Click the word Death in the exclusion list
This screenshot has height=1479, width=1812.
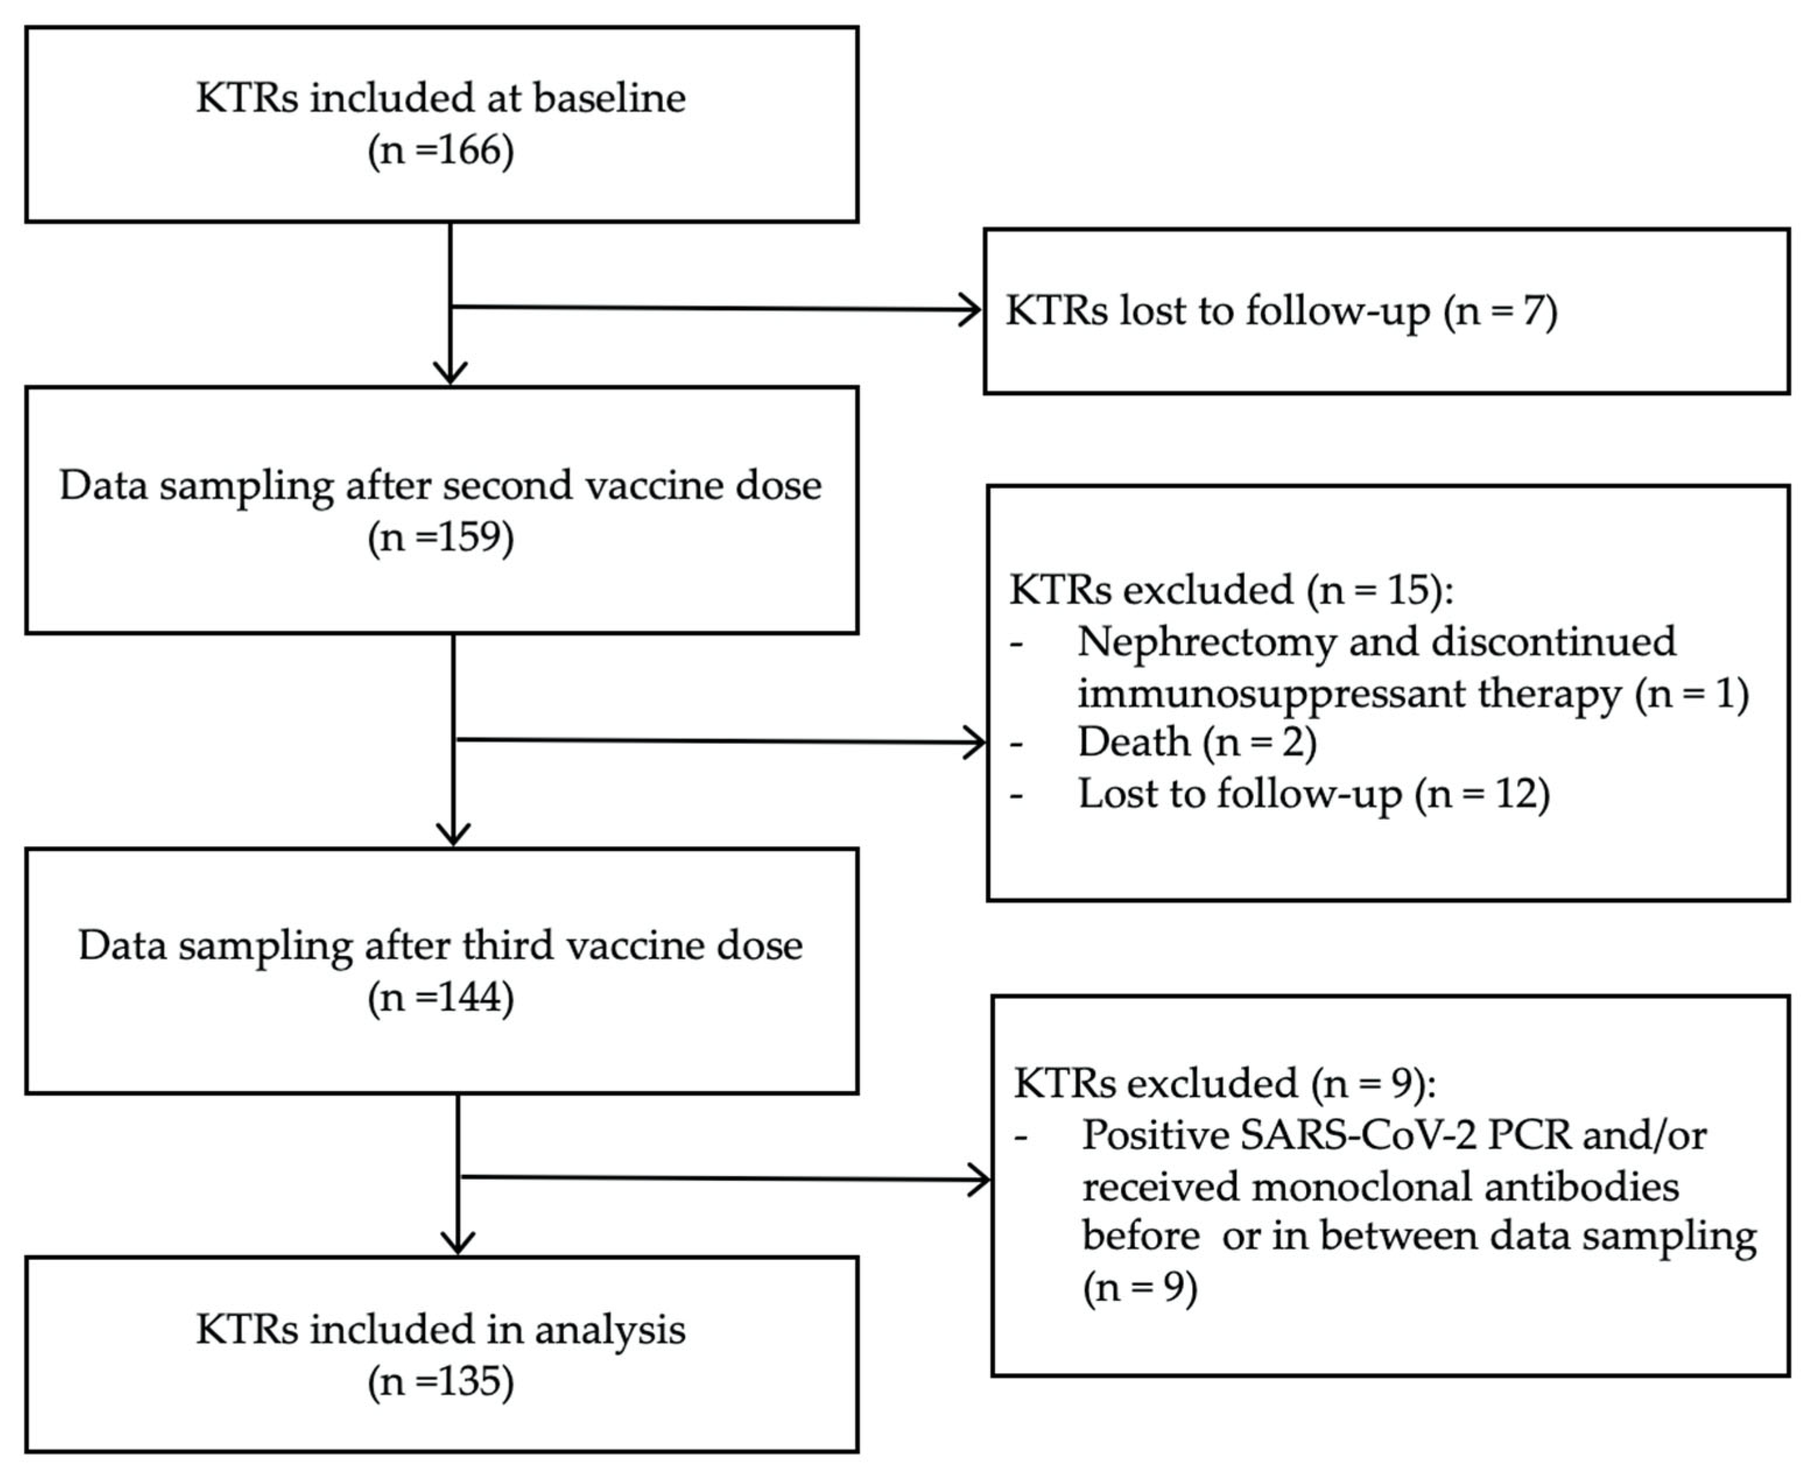pyautogui.click(x=1133, y=742)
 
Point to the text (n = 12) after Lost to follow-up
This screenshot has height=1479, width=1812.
pyautogui.click(x=1482, y=794)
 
